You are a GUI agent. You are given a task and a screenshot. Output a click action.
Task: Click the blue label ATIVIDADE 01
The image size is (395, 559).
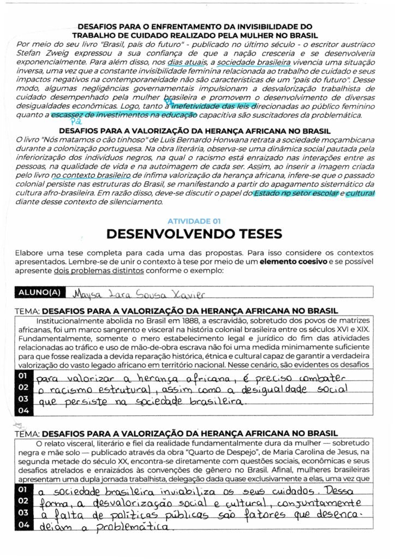tap(194, 221)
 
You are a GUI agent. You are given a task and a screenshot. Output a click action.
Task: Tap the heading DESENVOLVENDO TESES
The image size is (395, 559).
tap(194, 234)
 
